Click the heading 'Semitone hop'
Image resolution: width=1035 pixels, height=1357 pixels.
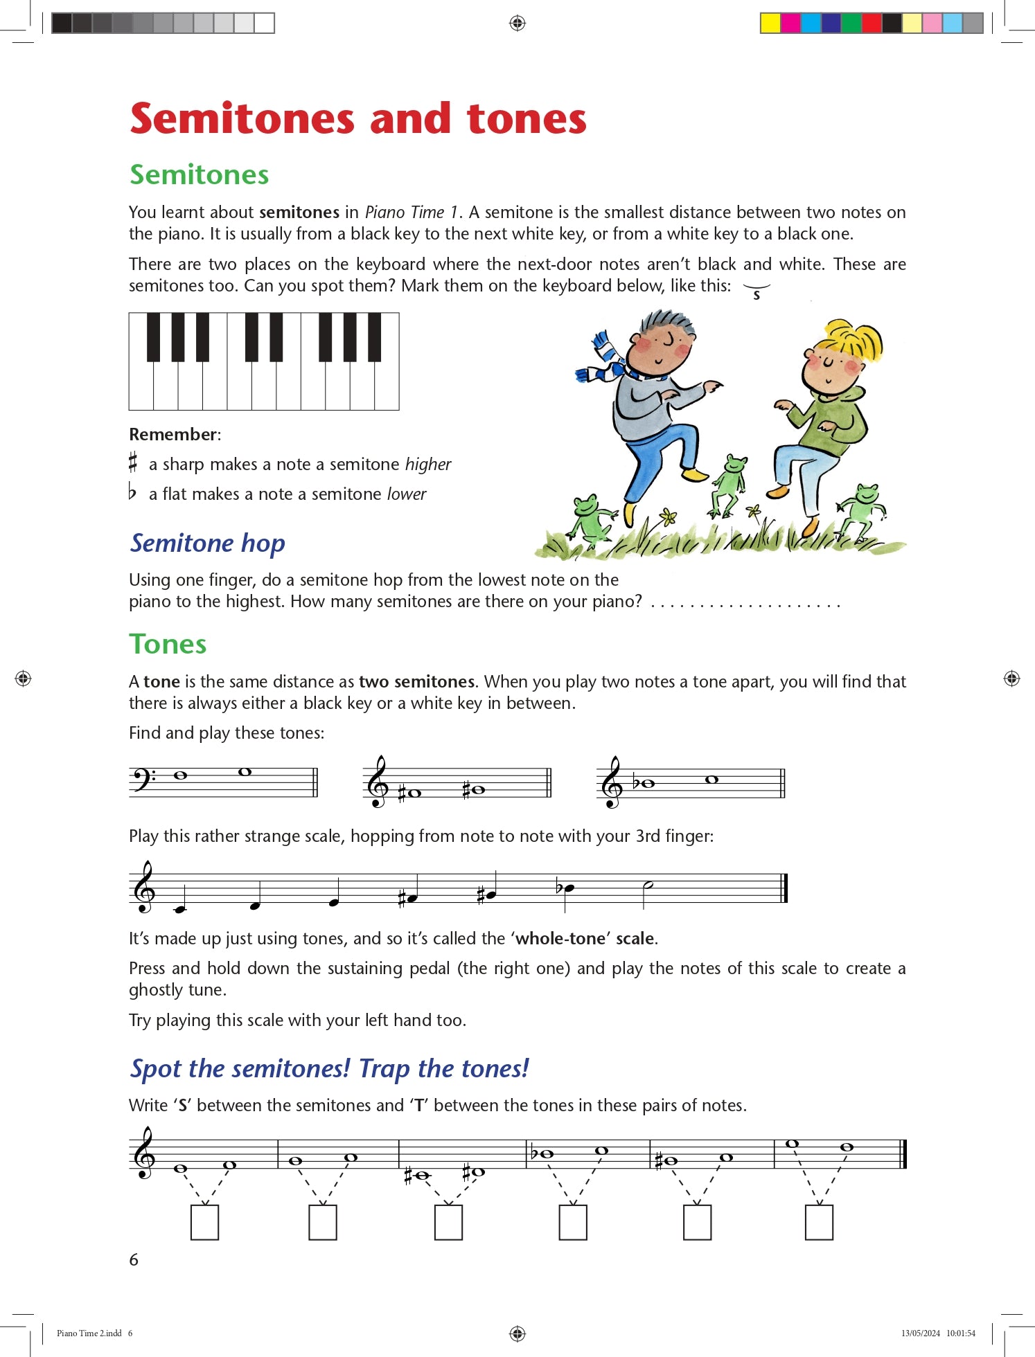pyautogui.click(x=207, y=543)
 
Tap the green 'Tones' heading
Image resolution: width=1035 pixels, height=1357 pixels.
pyautogui.click(x=168, y=644)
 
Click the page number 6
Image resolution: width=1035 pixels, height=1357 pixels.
pyautogui.click(x=134, y=1259)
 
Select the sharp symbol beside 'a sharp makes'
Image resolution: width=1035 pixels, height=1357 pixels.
pyautogui.click(x=133, y=462)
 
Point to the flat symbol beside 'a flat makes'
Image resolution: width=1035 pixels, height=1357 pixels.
pyautogui.click(x=132, y=492)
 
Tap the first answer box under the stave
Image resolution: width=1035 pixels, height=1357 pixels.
pyautogui.click(x=204, y=1222)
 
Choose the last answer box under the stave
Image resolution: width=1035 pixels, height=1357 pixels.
pyautogui.click(x=819, y=1222)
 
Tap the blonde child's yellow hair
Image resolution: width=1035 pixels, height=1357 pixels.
pyautogui.click(x=852, y=339)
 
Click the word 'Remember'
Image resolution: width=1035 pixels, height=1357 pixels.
pyautogui.click(x=173, y=435)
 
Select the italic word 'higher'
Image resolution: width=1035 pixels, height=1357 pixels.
pyautogui.click(x=428, y=465)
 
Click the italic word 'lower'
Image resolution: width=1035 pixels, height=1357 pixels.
pyautogui.click(x=407, y=494)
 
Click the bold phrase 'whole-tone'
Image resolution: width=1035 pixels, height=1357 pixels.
pyautogui.click(x=560, y=939)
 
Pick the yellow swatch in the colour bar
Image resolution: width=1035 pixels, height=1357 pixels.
pyautogui.click(x=770, y=23)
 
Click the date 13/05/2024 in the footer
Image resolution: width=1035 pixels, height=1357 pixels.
pyautogui.click(x=920, y=1333)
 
